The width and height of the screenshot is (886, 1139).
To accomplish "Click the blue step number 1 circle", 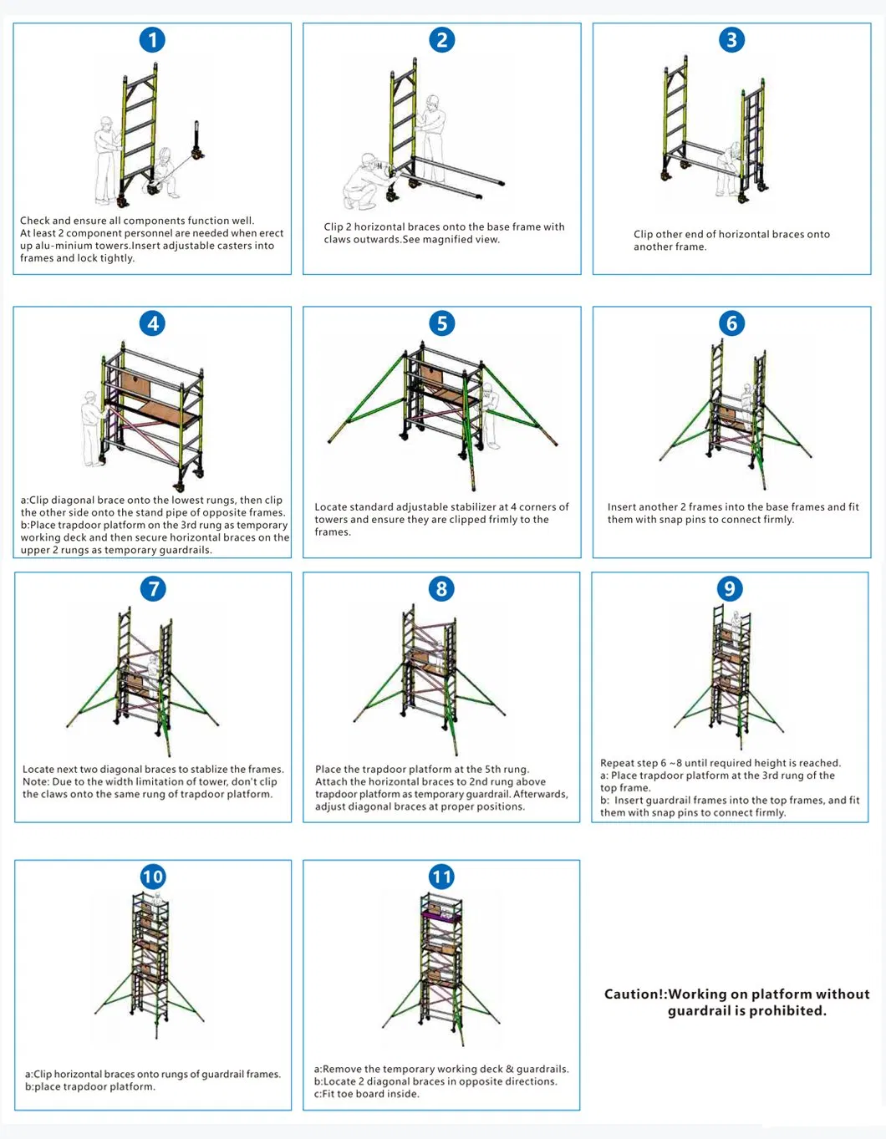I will coord(152,39).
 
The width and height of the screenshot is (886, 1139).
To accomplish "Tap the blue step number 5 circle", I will coord(441,323).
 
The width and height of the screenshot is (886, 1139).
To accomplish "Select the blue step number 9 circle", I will coord(730,588).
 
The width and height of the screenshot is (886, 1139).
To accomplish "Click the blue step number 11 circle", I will coord(441,877).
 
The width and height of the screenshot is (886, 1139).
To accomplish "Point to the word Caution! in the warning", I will coord(634,994).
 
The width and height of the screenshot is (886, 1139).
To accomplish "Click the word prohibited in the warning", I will coord(787,1011).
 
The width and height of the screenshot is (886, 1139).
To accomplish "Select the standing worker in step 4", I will coord(90,426).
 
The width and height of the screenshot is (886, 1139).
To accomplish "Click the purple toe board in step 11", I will coord(440,915).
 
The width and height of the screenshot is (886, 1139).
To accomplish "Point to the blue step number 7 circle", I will coord(153,588).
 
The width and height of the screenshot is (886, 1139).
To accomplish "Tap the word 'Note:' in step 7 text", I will coord(36,782).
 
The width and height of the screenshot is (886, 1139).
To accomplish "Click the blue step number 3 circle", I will coord(731,39).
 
